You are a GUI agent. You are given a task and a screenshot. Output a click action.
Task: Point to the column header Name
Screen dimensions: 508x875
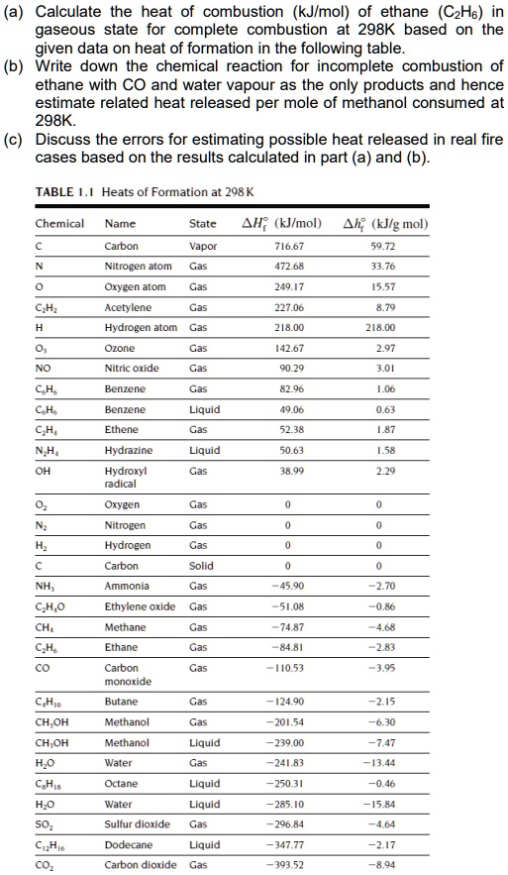pyautogui.click(x=120, y=224)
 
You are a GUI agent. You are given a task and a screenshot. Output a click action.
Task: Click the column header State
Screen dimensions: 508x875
pyautogui.click(x=203, y=224)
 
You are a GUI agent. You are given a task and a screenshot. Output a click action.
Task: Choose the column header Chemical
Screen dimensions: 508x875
pyautogui.click(x=59, y=224)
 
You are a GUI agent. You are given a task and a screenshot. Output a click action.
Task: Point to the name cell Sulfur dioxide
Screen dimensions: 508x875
pyautogui.click(x=138, y=823)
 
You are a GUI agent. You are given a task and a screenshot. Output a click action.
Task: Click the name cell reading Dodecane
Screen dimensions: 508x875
pyautogui.click(x=127, y=845)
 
